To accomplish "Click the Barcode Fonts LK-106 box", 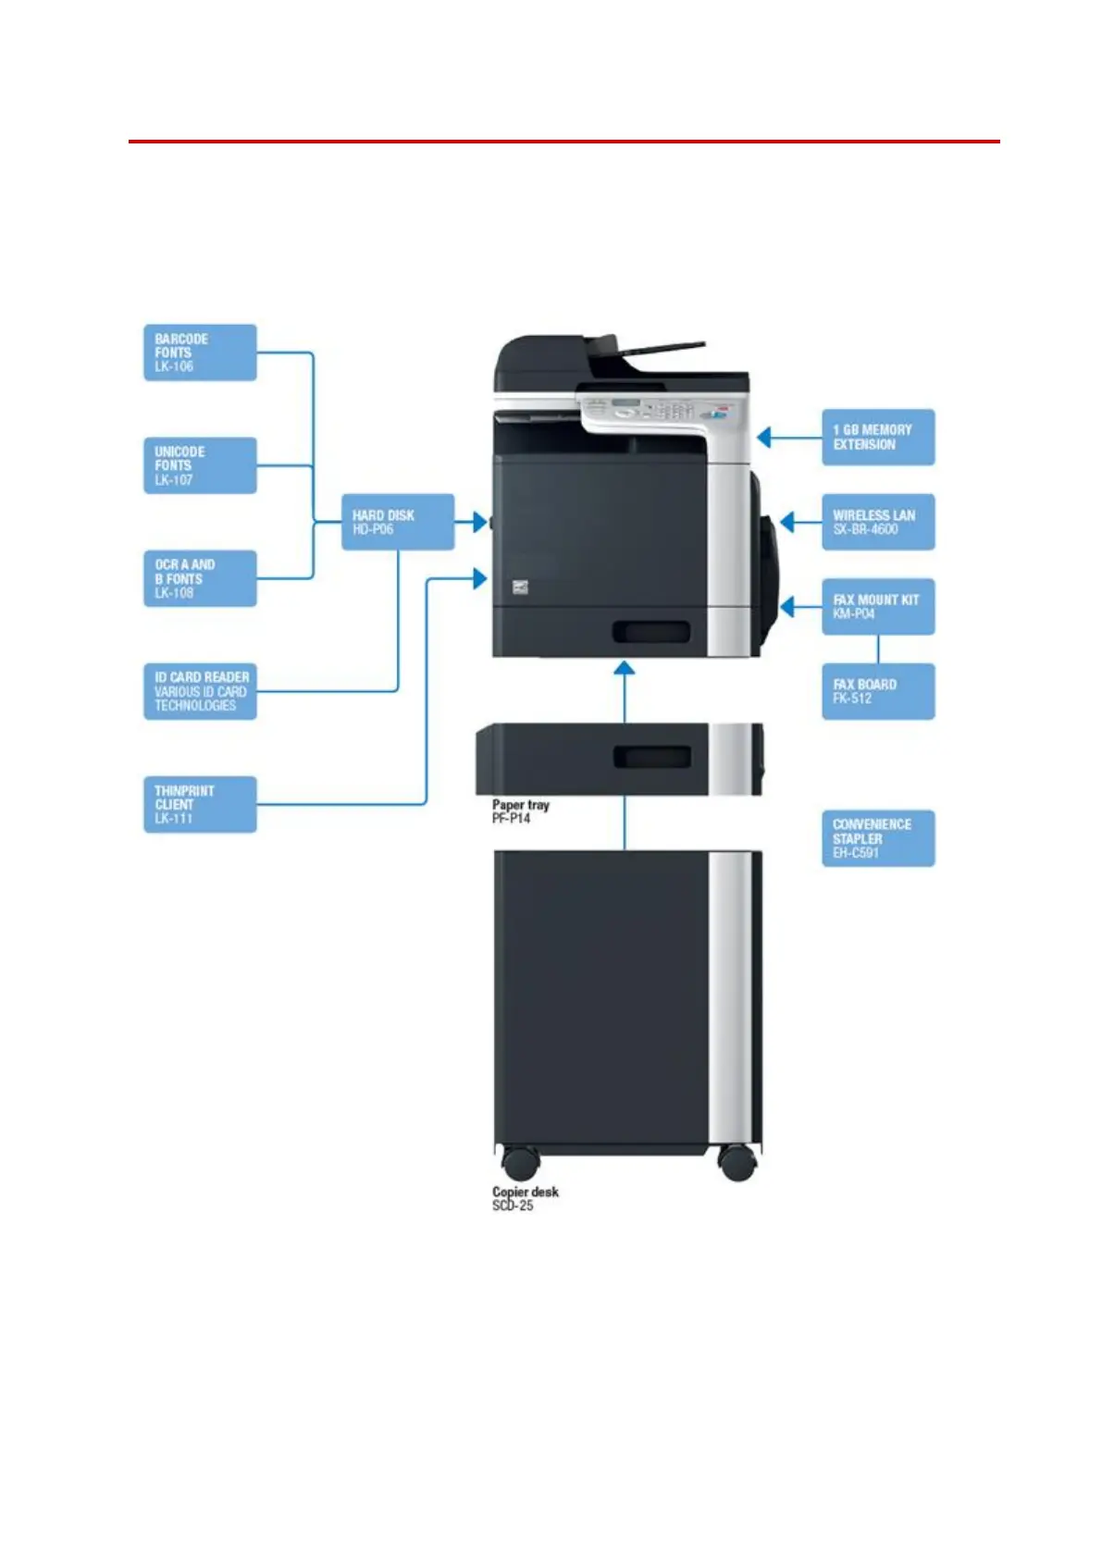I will [x=200, y=352].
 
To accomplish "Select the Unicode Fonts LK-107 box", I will [x=200, y=465].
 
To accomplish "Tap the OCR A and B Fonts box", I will [x=200, y=578].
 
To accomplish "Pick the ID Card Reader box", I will [x=200, y=691].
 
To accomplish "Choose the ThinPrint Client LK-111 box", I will [x=200, y=804].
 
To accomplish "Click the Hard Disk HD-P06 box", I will [x=398, y=522].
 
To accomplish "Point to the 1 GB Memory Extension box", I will [x=878, y=437].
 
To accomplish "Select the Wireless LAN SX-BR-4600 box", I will [x=878, y=522].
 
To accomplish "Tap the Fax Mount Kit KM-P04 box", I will [x=878, y=607].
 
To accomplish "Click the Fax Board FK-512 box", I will [x=878, y=691].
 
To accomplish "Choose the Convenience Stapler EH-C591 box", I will [x=878, y=838].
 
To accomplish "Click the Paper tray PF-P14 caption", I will [x=520, y=811].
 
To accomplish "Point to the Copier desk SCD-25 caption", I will [x=525, y=1198].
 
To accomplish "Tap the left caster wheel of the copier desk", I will [x=520, y=1162].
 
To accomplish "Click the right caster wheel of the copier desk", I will [x=737, y=1162].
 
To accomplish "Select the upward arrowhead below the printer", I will [x=625, y=669].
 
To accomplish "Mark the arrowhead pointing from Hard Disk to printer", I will [x=479, y=522].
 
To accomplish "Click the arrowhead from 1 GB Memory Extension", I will [x=764, y=437].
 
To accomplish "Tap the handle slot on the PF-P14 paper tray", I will [x=652, y=757].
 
